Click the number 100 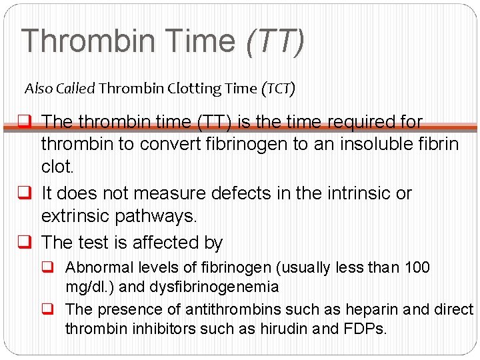click(417, 267)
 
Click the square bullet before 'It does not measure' click(29, 194)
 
